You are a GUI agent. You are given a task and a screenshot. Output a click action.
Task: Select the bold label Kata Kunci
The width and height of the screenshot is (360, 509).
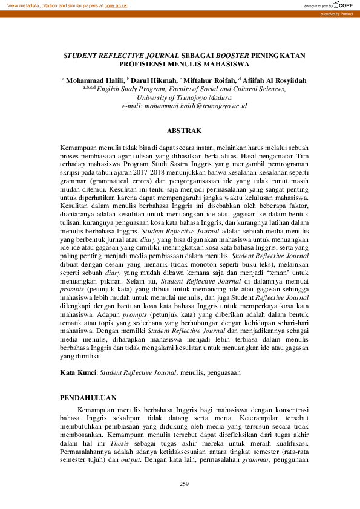[x=79, y=373]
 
